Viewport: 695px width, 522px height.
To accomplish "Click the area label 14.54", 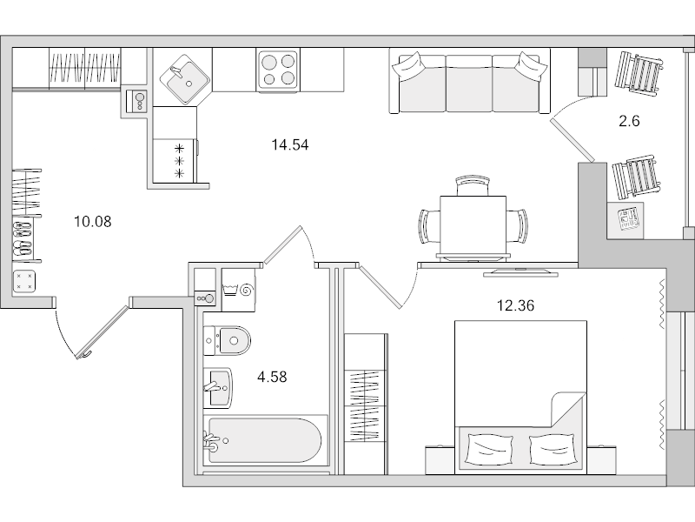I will point(290,145).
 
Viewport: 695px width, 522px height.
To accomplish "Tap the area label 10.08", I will point(93,221).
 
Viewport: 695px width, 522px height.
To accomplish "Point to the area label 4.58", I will point(271,377).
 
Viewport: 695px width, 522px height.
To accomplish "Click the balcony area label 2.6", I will point(629,122).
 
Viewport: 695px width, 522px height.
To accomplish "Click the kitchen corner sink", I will point(182,77).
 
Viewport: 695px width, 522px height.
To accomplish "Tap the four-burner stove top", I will point(278,68).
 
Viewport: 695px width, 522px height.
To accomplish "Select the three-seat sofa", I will point(469,83).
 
